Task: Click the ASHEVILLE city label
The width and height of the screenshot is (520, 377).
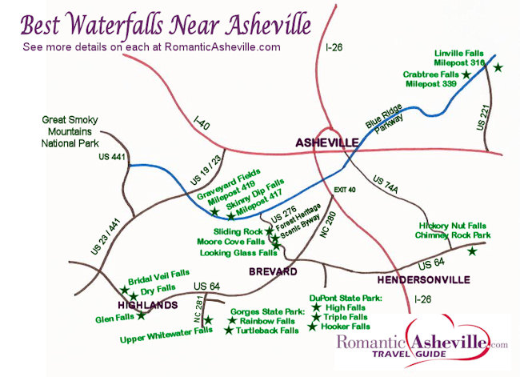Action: click(326, 142)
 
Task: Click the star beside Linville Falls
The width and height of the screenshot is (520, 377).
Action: click(498, 67)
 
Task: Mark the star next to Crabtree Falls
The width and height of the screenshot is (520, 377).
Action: click(466, 74)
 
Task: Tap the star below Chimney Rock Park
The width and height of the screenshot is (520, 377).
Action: click(472, 251)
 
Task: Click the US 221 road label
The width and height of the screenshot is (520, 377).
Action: click(482, 117)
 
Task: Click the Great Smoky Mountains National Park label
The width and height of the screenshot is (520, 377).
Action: click(68, 132)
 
